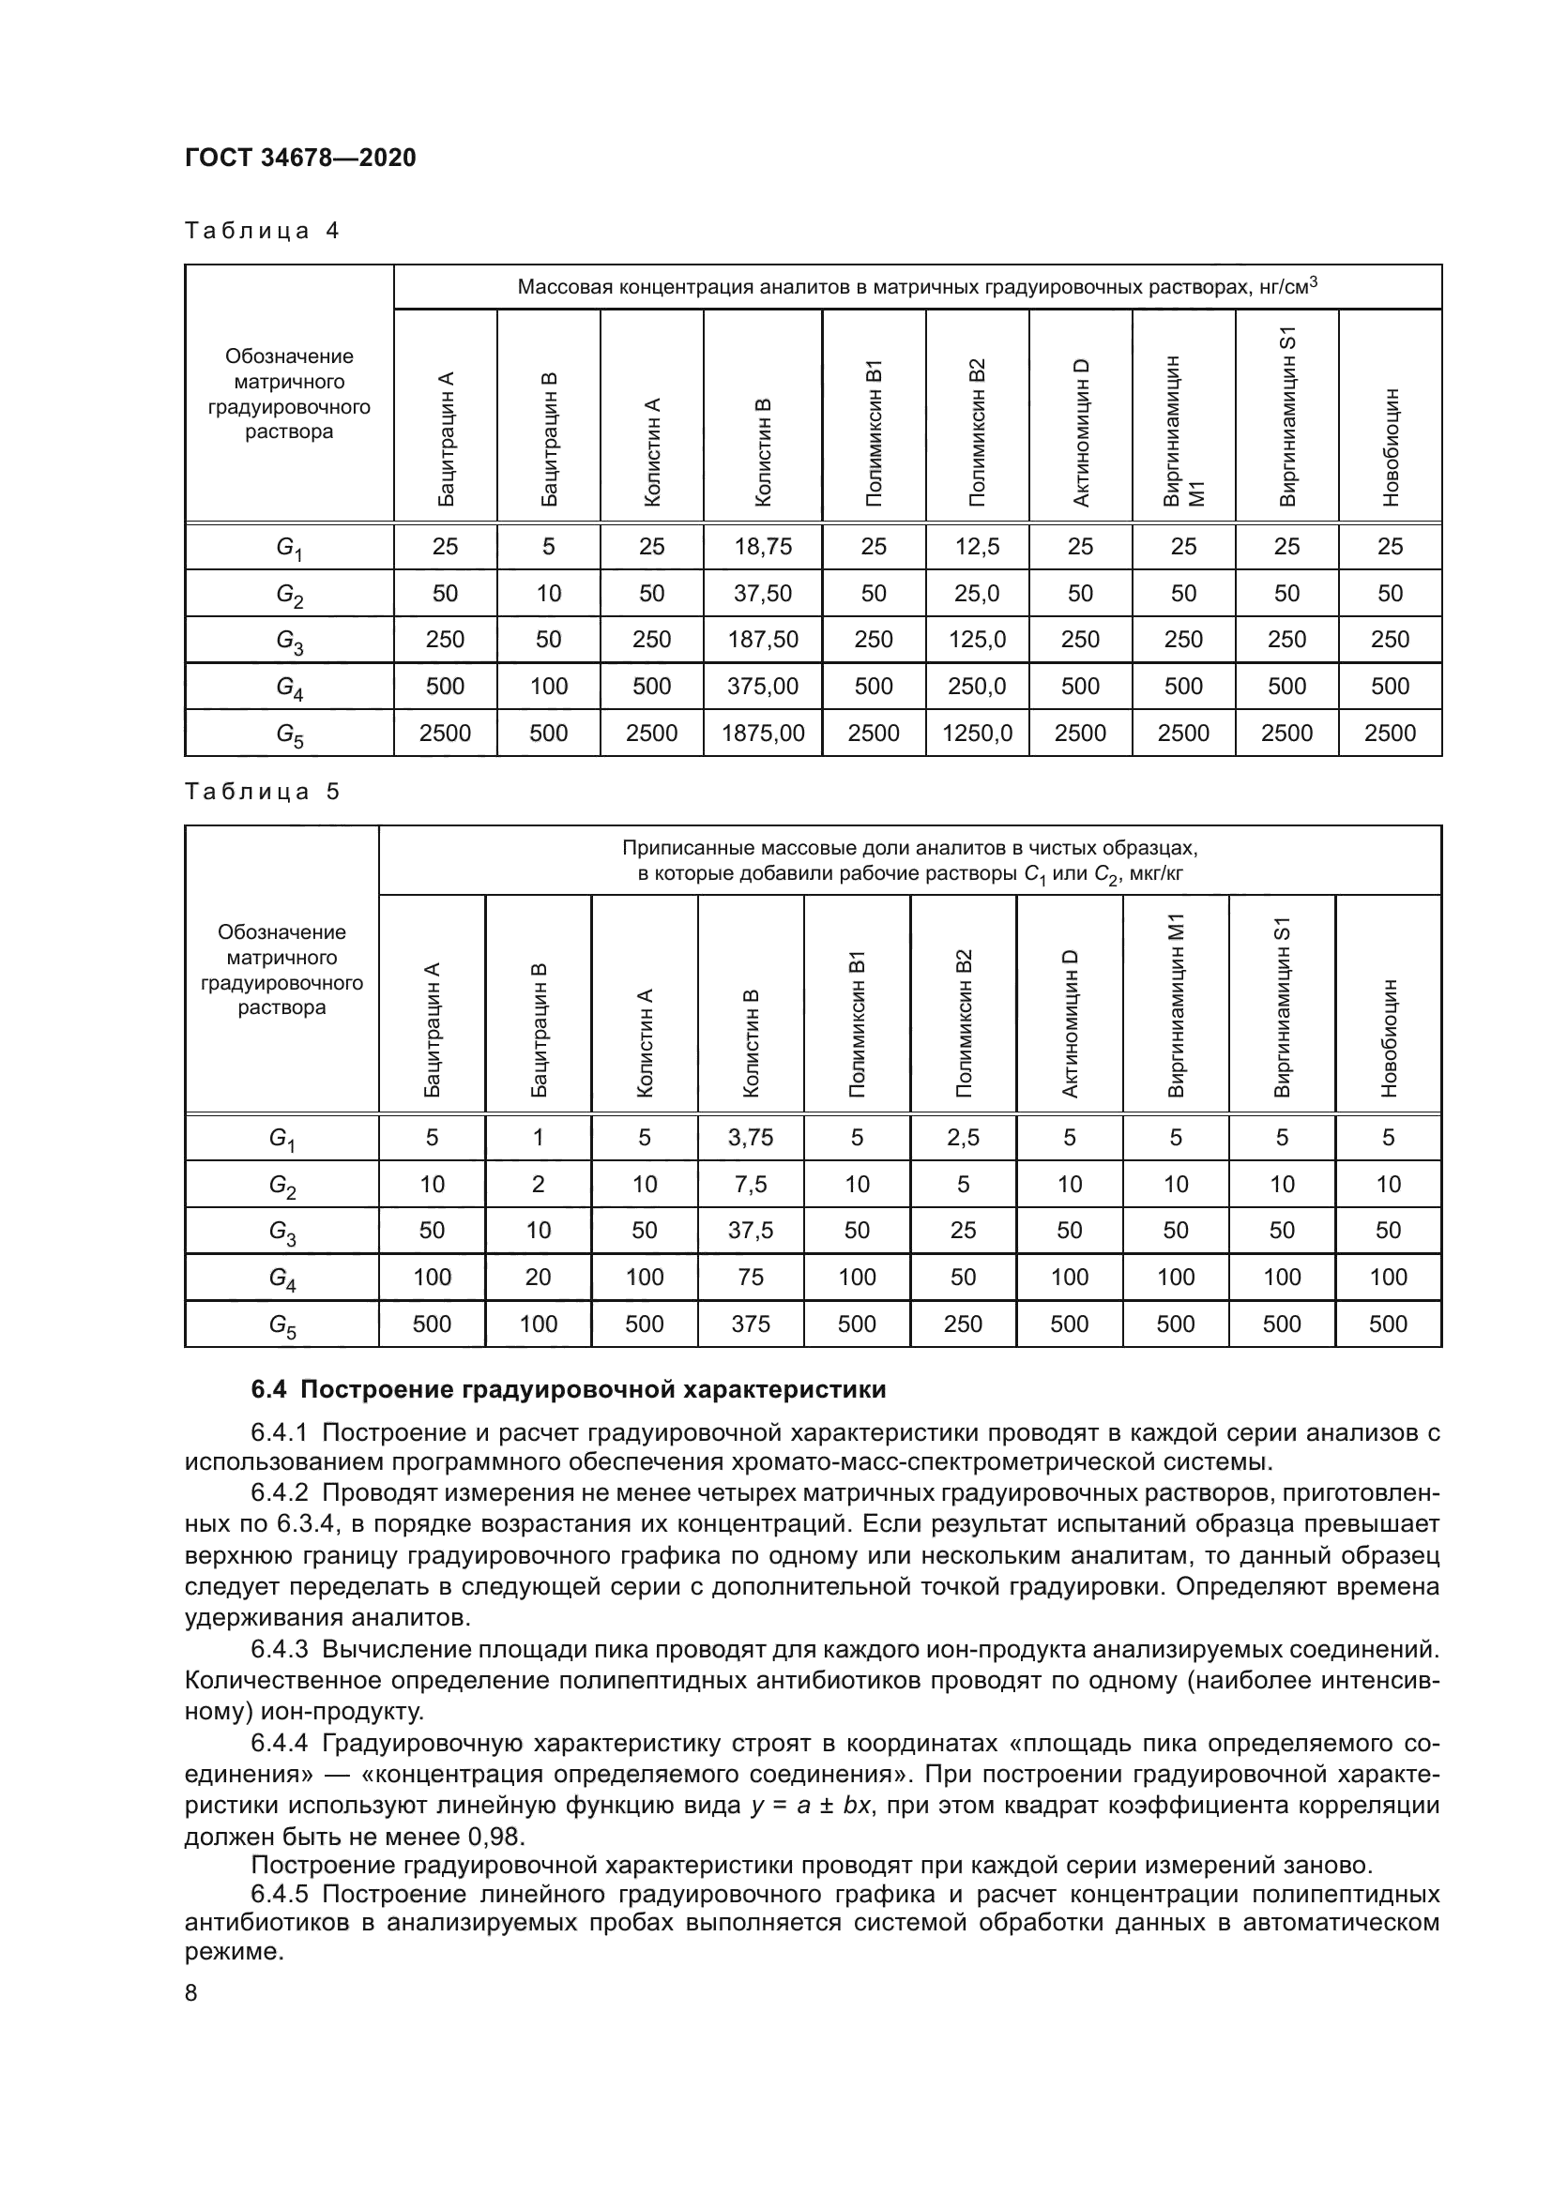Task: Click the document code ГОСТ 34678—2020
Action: pyautogui.click(x=300, y=158)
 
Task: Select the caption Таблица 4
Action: pyautogui.click(x=262, y=231)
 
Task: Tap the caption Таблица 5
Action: pyautogui.click(x=262, y=792)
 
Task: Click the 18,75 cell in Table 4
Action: pyautogui.click(x=763, y=547)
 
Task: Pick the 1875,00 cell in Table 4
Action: pyautogui.click(x=763, y=733)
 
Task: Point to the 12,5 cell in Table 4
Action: pyautogui.click(x=977, y=547)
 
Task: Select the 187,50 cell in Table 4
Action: pyautogui.click(x=763, y=640)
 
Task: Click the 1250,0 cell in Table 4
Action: pyautogui.click(x=977, y=733)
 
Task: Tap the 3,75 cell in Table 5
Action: pyautogui.click(x=751, y=1137)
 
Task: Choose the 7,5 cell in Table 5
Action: pyautogui.click(x=751, y=1184)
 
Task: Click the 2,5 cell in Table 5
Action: pyautogui.click(x=964, y=1137)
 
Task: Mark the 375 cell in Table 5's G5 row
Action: pyautogui.click(x=751, y=1324)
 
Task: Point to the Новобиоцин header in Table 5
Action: pyautogui.click(x=1389, y=1036)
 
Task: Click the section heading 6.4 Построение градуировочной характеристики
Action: pyautogui.click(x=568, y=1389)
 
